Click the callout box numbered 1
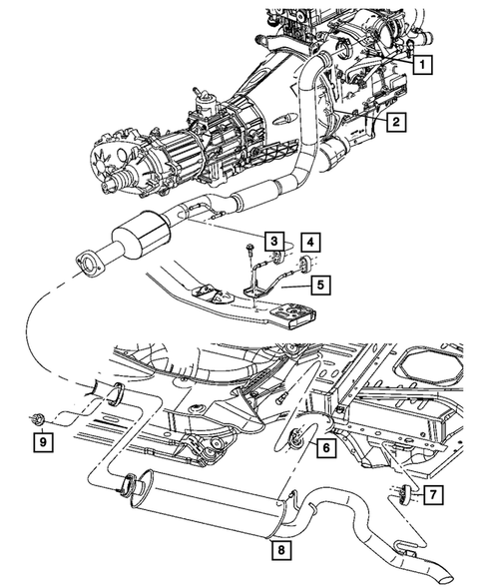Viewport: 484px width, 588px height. (x=424, y=66)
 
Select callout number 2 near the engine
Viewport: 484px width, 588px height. (x=396, y=123)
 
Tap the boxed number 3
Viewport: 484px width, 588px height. (x=271, y=240)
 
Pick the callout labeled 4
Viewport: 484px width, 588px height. (x=311, y=242)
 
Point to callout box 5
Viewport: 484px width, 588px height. (x=319, y=285)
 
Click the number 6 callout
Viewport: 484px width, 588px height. (x=325, y=450)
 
